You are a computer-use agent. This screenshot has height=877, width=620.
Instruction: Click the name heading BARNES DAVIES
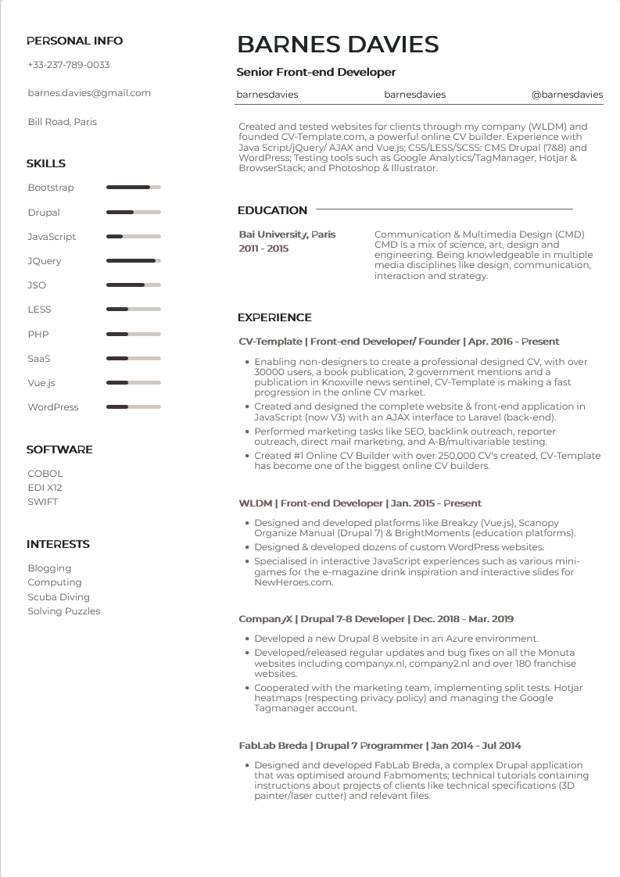pos(338,44)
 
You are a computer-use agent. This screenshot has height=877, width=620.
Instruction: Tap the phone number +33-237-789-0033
pos(69,65)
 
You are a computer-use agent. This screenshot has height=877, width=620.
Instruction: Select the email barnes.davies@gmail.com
pos(89,93)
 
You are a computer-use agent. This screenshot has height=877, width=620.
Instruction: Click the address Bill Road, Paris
pos(63,122)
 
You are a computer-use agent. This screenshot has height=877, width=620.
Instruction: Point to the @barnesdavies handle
pos(567,95)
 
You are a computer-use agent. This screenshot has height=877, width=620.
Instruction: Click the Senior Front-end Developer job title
pos(316,72)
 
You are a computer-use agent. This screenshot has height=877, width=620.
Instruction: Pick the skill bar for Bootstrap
pos(133,188)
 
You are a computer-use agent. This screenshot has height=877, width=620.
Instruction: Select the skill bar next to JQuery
pos(133,261)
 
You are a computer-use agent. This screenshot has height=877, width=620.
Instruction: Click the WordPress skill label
pos(53,407)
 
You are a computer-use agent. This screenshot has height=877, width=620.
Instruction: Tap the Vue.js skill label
pos(41,383)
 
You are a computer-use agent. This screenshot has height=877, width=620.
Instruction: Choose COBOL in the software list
pos(45,474)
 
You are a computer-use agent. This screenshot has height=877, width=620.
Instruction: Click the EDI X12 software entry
pos(45,488)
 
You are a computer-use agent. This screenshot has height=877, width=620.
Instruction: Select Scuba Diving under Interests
pos(59,597)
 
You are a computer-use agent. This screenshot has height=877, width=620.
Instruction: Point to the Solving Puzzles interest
pos(64,611)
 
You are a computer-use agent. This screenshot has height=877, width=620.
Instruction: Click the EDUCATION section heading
pos(273,210)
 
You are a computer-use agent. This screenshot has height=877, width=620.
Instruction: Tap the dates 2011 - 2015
pos(263,249)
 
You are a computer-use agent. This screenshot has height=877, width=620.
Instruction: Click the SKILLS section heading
pos(46,163)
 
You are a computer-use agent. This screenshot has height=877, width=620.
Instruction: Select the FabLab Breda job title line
pos(380,746)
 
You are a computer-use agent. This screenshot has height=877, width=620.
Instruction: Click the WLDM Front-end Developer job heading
pos(360,503)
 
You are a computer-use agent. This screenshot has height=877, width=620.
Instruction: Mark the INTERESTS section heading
pos(58,544)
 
